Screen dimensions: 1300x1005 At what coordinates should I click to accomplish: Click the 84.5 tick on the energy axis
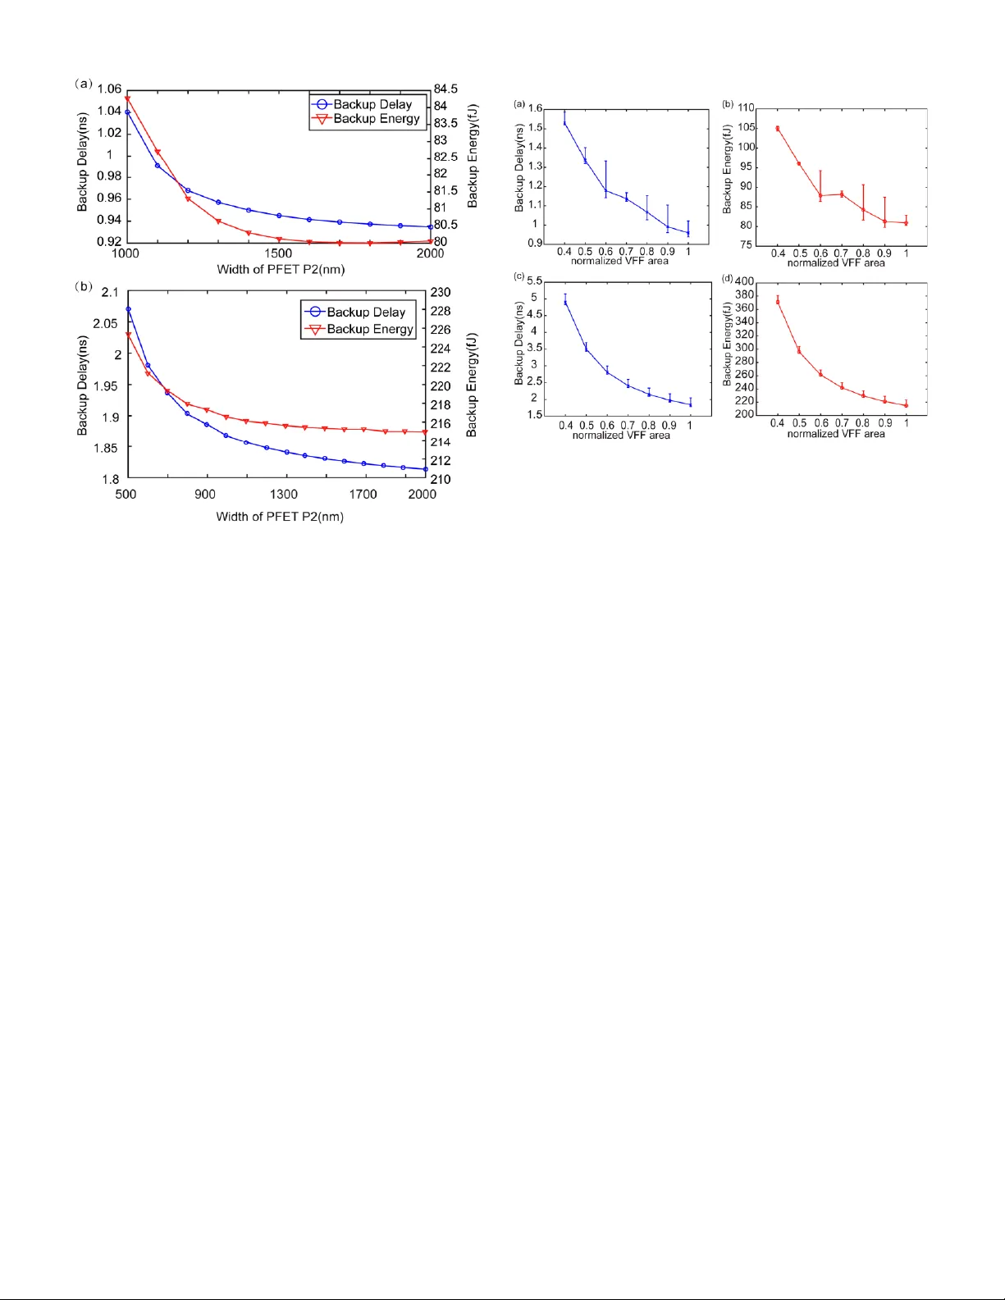click(x=445, y=89)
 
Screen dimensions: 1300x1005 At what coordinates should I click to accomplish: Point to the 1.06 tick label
click(x=109, y=89)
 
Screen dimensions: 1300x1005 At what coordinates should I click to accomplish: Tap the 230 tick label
click(x=441, y=292)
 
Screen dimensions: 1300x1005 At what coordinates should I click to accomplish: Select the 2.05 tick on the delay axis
click(x=105, y=323)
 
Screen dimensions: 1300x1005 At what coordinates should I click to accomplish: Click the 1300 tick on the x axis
click(x=284, y=494)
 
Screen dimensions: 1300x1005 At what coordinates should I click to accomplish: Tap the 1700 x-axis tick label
click(x=363, y=494)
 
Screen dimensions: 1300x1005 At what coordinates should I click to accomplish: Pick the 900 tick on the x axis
click(x=205, y=494)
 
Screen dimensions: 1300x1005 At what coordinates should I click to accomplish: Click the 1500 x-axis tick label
click(x=278, y=253)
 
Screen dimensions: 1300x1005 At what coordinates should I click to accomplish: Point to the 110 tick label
click(x=746, y=107)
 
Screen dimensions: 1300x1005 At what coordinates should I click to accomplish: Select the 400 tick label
click(x=744, y=281)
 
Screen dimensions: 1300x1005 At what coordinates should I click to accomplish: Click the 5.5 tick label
click(x=534, y=281)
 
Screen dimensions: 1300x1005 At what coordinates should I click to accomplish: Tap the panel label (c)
click(x=519, y=277)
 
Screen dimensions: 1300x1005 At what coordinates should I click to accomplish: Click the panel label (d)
click(x=727, y=278)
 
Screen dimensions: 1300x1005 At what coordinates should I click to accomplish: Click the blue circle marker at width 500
click(x=128, y=309)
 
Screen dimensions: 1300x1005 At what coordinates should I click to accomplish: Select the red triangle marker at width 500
click(x=128, y=335)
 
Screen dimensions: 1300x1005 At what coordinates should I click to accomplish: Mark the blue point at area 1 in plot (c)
click(x=690, y=404)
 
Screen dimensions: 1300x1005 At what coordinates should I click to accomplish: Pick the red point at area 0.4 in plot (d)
click(x=778, y=302)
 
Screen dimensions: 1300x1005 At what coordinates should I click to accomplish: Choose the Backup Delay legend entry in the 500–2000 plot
click(x=358, y=312)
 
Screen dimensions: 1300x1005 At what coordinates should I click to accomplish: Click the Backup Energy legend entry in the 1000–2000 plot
click(x=368, y=119)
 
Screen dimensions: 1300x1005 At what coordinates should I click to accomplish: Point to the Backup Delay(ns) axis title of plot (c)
click(x=518, y=344)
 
